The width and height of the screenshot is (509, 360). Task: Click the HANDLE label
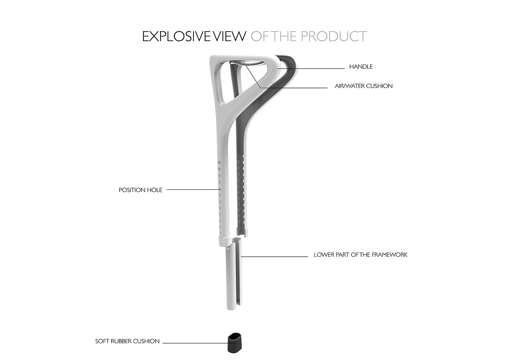coord(361,67)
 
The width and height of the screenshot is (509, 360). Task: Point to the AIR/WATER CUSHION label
coord(364,86)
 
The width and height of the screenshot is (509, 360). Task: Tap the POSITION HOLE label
coord(140,190)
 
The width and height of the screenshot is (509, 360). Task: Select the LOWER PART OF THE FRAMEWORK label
coord(360,255)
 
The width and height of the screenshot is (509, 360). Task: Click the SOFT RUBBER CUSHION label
coord(127,341)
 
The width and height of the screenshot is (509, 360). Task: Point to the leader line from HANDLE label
coord(313,68)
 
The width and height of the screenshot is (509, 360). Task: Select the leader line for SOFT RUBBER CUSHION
coord(195,343)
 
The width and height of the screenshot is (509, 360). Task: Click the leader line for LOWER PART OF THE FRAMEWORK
coord(274,257)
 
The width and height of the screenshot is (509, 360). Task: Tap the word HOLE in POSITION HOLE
coord(155,190)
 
